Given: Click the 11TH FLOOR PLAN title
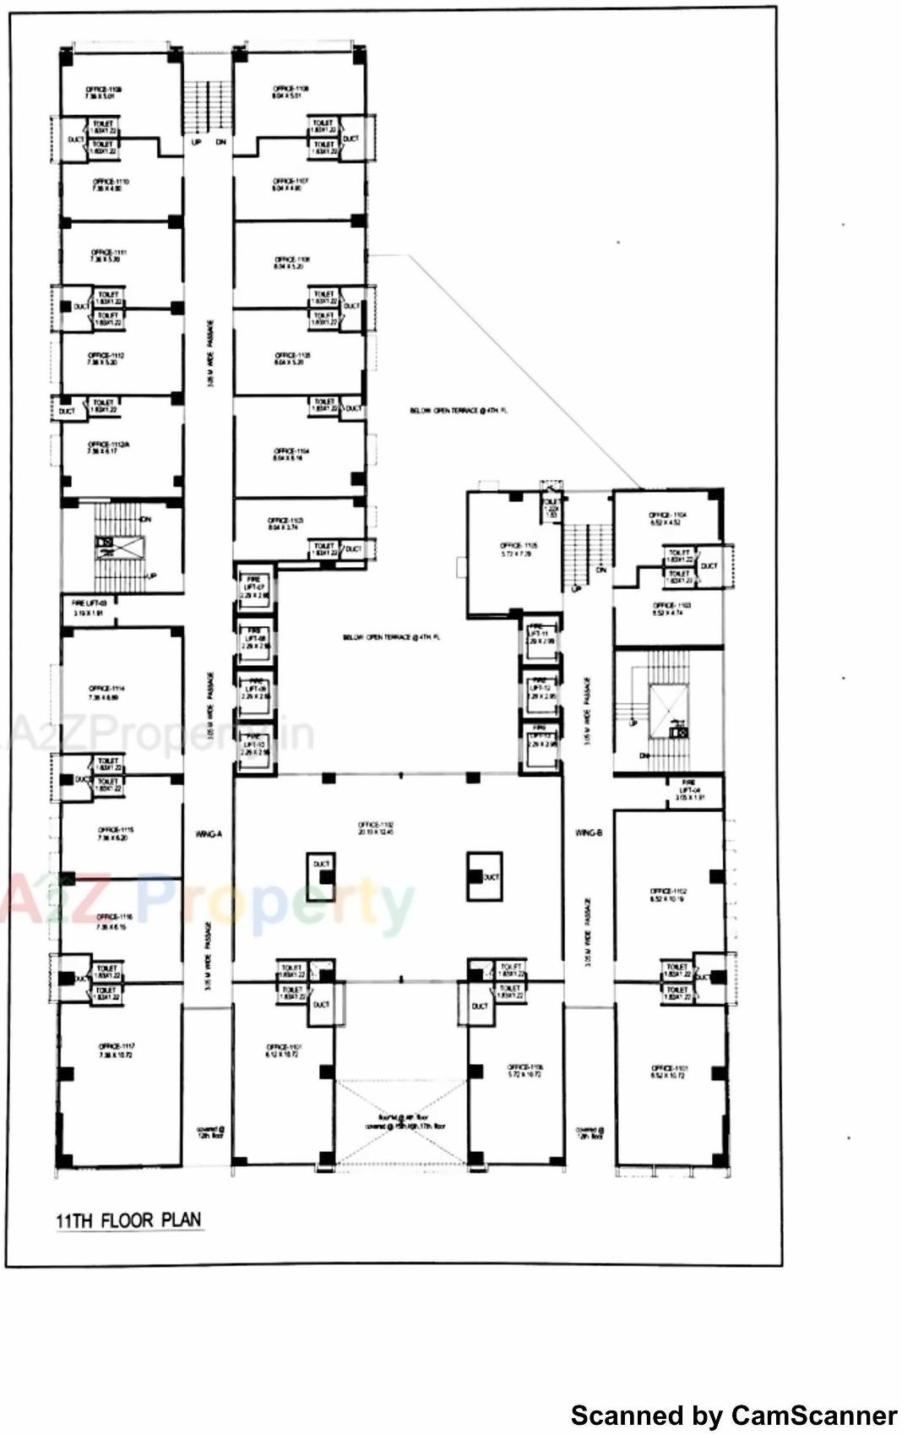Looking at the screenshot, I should tap(129, 1220).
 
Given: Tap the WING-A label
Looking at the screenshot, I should tap(208, 834).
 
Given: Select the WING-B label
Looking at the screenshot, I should tap(589, 833).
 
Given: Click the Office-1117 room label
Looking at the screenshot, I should tap(116, 1050).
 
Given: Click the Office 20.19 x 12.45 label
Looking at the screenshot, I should tap(376, 828).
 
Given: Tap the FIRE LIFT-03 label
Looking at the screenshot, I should tap(89, 608).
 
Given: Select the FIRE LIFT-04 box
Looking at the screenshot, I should tap(689, 790).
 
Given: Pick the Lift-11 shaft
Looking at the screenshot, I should tap(540, 636).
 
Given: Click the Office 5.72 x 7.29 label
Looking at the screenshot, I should tap(516, 549).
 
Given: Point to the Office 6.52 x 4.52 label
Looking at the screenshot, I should tap(666, 519).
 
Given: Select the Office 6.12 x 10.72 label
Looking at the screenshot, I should tap(284, 1050).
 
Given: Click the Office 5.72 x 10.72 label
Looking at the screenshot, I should tap(525, 1071).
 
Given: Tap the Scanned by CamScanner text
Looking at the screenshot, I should tap(733, 1415).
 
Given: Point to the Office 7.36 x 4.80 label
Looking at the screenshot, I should tap(110, 185).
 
